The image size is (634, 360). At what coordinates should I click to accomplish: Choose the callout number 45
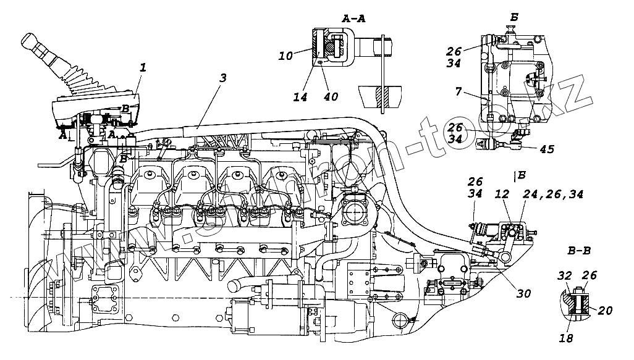547,149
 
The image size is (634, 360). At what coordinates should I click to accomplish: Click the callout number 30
523,294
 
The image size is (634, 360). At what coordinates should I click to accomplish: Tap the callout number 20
606,311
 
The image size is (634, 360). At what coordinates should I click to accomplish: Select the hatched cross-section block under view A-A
379,96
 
